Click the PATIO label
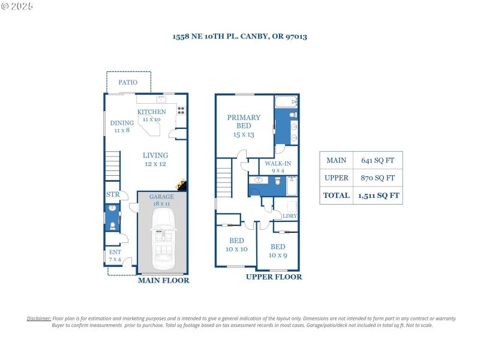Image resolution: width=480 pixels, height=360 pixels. [x=127, y=82]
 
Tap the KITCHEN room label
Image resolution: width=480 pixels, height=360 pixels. [x=151, y=112]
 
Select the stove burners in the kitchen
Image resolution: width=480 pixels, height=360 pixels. [x=181, y=110]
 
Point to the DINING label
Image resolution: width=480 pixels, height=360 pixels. [x=122, y=124]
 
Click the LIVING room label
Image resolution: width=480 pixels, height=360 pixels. [x=154, y=155]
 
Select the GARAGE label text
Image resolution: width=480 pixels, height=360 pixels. [x=161, y=197]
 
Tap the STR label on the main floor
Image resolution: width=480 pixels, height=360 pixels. [x=113, y=195]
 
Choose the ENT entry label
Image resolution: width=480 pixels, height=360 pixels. [x=115, y=252]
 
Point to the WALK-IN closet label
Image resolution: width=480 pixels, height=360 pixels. [x=277, y=163]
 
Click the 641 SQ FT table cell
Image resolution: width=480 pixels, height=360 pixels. [x=377, y=161]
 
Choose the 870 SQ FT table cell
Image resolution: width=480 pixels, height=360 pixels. [x=377, y=178]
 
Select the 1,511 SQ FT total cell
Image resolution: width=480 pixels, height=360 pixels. [x=377, y=196]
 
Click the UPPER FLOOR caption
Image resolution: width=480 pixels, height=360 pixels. [x=274, y=277]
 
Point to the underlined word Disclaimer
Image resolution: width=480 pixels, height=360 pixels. [x=38, y=319]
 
